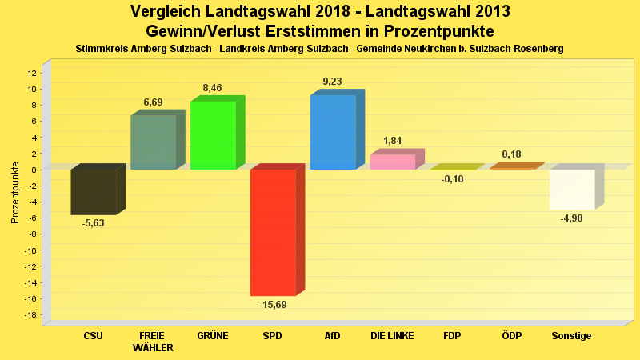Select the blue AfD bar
click(x=333, y=132)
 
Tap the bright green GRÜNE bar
click(x=213, y=135)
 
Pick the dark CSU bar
click(x=94, y=192)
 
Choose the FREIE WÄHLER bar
click(x=153, y=142)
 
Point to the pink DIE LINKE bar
click(x=392, y=162)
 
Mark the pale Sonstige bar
click(x=571, y=190)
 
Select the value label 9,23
click(x=333, y=81)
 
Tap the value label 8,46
click(x=213, y=87)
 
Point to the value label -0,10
click(x=452, y=178)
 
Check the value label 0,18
click(x=512, y=154)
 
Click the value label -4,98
click(x=571, y=218)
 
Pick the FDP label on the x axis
click(x=452, y=336)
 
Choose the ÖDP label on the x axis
click(x=512, y=336)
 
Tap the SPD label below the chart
click(x=272, y=336)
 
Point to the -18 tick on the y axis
click(x=31, y=314)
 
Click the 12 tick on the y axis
click(x=32, y=73)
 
